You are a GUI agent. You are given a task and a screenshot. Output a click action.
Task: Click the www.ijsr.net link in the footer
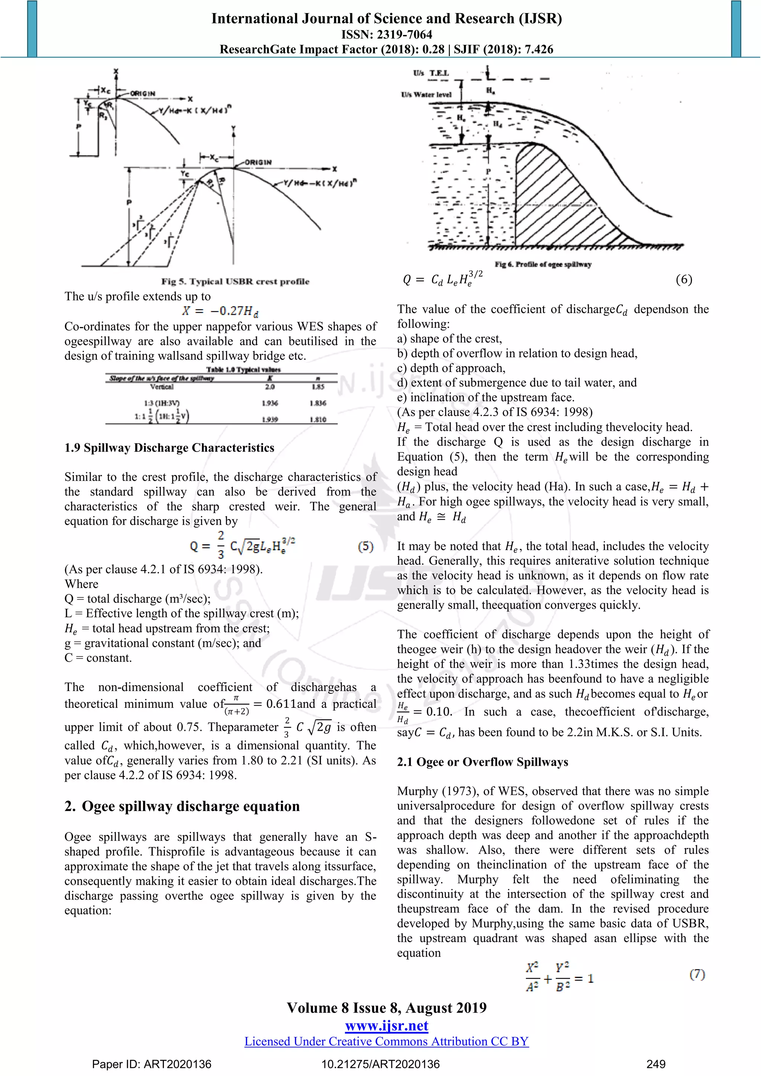386,1026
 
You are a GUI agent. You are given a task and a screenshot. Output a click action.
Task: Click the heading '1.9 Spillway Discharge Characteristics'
169,448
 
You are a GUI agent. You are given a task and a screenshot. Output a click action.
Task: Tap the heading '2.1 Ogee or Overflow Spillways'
482,762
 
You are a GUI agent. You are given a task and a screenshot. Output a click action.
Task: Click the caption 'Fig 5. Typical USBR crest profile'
235,281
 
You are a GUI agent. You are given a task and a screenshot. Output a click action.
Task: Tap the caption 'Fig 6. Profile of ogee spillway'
543,264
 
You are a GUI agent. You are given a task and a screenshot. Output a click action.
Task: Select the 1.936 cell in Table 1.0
270,403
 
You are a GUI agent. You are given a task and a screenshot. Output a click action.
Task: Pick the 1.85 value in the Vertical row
318,387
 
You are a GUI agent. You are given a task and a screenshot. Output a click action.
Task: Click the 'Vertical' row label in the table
162,387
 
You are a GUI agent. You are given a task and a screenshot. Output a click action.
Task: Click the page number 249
655,1064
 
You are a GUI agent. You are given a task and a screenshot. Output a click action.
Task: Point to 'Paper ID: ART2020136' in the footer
151,1064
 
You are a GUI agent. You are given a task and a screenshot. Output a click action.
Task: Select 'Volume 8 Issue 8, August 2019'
386,1008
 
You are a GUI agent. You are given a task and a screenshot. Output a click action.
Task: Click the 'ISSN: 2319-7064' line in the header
386,34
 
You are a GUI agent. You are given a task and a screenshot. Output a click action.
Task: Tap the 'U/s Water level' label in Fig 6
426,95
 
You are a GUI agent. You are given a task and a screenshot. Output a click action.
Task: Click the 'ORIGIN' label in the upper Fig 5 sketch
142,94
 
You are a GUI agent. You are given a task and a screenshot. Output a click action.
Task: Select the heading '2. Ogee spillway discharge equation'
182,806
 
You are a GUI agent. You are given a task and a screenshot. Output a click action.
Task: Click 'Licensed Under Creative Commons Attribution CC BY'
386,1041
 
